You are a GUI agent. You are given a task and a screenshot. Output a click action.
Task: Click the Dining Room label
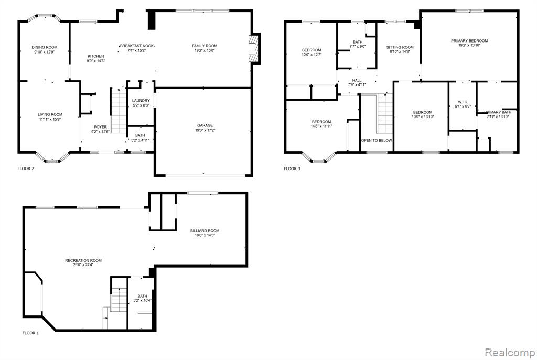45,47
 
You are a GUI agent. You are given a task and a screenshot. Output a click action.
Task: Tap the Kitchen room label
96,56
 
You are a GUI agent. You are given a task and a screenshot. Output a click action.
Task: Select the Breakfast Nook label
137,46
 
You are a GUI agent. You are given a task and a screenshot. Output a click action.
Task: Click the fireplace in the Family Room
254,48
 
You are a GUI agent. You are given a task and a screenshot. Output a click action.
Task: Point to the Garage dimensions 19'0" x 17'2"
205,130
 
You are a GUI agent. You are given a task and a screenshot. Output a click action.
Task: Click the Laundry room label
141,101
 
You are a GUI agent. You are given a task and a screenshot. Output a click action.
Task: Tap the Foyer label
100,127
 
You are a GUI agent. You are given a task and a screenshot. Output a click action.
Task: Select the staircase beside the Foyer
119,110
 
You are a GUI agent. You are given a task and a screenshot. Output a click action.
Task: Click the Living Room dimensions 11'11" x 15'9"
50,119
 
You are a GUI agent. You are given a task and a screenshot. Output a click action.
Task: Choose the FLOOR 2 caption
26,168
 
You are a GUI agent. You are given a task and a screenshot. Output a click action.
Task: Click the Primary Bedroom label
469,41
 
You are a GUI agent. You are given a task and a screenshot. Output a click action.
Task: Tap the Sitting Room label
400,47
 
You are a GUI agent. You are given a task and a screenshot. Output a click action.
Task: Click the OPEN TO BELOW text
377,140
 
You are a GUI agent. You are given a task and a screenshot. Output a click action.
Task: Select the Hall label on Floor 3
357,81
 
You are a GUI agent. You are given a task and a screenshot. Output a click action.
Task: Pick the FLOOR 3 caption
292,168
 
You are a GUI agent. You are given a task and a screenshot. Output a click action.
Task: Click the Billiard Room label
205,231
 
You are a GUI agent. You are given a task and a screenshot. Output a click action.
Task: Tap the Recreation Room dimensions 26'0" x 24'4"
83,264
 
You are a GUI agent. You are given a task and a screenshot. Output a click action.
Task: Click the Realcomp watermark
510,352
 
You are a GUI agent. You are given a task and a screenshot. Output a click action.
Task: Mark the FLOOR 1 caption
30,333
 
